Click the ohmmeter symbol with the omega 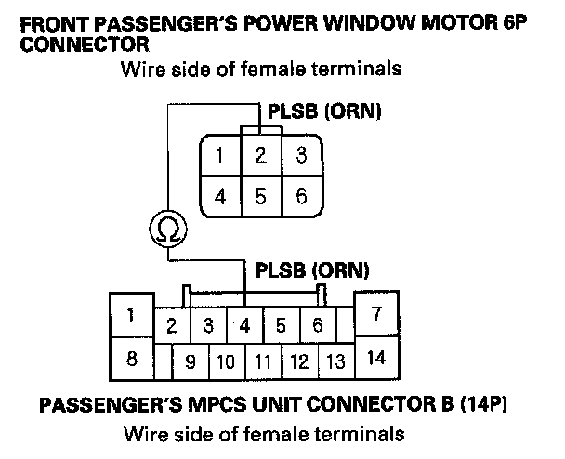pos(168,229)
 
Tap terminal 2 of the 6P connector pos(261,155)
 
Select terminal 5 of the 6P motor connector pos(261,196)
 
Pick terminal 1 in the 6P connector pos(220,155)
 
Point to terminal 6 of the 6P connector pos(302,196)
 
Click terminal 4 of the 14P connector pos(245,325)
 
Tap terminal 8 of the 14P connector pos(132,359)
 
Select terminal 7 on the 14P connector pos(376,314)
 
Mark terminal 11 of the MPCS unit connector pos(263,361)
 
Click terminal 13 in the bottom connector pos(335,361)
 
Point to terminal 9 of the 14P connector pos(191,361)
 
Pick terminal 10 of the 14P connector pos(227,361)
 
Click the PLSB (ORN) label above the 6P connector pos(324,111)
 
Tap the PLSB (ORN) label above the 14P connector pos(312,270)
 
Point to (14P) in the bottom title pos(483,404)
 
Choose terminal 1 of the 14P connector pos(131,315)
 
